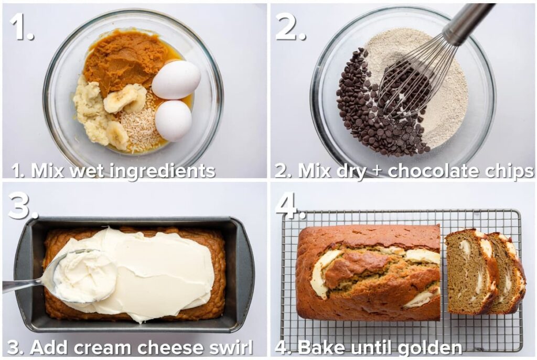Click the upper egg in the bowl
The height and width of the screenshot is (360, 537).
tap(176, 80)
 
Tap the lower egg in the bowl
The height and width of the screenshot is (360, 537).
tap(173, 121)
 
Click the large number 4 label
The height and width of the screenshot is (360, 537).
tap(288, 205)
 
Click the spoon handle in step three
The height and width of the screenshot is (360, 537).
tap(21, 285)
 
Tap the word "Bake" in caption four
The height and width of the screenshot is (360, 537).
tap(319, 347)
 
